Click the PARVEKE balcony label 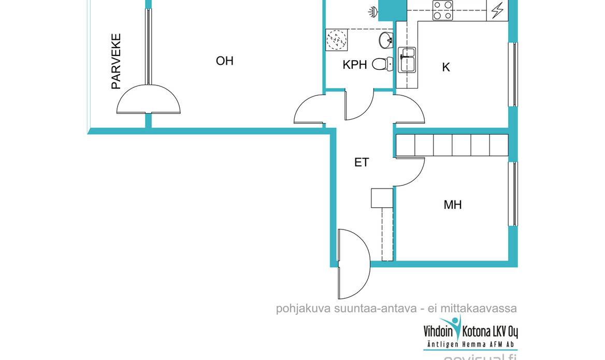(116, 62)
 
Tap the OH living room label (225, 61)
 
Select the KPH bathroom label (355, 65)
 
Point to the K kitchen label (445, 67)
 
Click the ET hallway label (362, 162)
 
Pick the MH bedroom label (452, 205)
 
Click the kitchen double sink (407, 60)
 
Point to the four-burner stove (443, 10)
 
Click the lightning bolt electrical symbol (498, 10)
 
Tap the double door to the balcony (149, 101)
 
